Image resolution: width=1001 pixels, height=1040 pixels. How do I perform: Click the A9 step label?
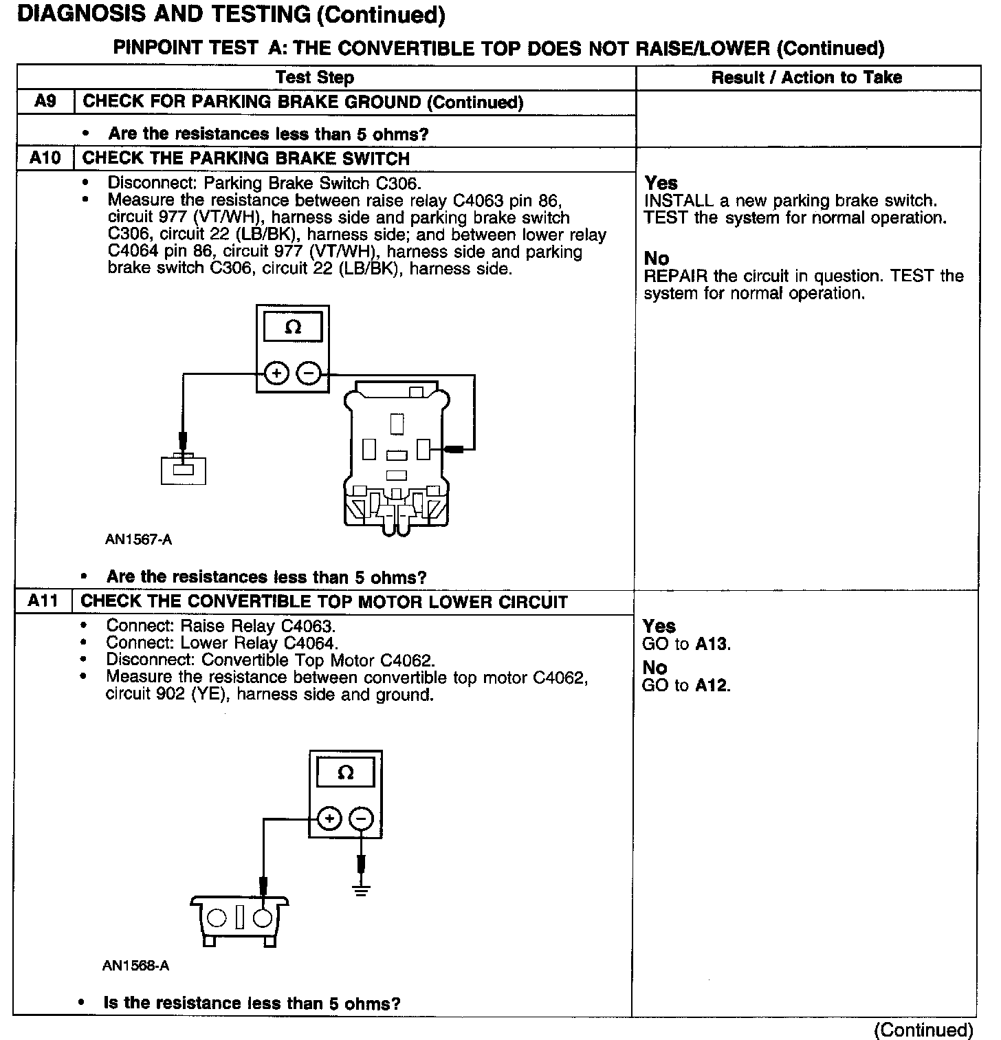click(x=45, y=102)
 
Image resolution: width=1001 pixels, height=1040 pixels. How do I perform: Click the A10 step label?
click(x=45, y=158)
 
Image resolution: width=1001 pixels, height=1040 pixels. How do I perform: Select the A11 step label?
click(x=43, y=601)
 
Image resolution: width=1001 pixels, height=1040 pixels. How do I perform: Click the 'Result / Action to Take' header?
click(x=806, y=77)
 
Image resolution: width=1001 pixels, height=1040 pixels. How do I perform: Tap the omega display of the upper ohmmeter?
click(x=293, y=327)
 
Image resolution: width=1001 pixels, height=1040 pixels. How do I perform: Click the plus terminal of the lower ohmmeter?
click(x=329, y=819)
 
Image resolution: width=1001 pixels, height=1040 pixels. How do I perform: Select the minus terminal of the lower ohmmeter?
click(x=362, y=819)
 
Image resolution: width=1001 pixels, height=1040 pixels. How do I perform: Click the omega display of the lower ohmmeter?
click(x=345, y=772)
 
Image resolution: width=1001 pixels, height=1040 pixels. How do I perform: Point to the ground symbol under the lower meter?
click(x=361, y=891)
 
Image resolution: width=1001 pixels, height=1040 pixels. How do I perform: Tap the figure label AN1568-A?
click(x=135, y=966)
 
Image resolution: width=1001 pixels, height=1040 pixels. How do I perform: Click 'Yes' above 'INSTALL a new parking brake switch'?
click(x=661, y=184)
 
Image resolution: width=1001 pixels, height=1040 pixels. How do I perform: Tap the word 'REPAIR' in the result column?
click(x=676, y=277)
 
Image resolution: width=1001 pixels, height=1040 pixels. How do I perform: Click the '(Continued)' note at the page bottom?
click(x=923, y=1030)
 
